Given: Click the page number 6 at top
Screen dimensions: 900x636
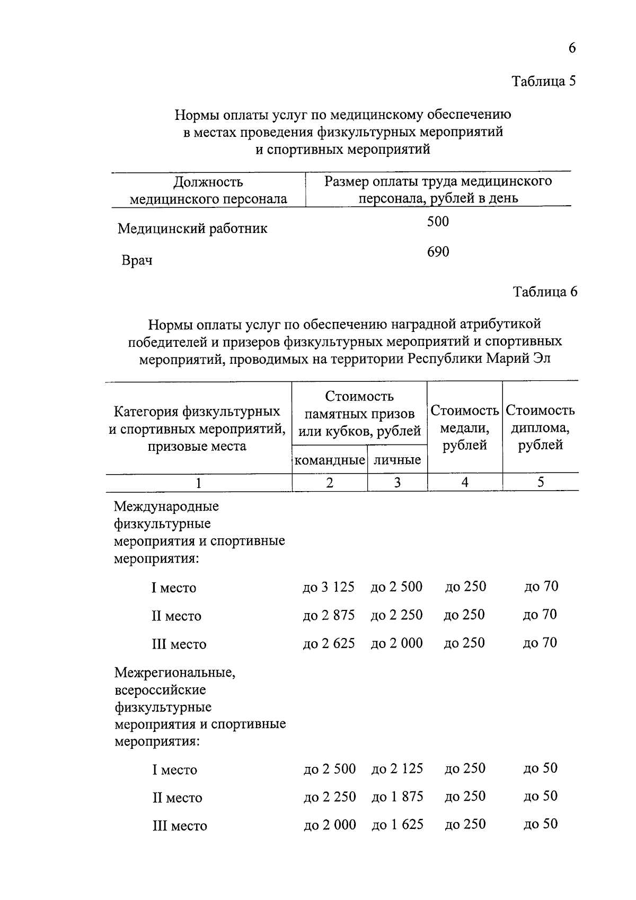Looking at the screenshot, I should coord(572,48).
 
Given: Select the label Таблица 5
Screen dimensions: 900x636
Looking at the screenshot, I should coord(543,81).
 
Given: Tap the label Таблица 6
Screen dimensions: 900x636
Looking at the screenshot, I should coord(545,292).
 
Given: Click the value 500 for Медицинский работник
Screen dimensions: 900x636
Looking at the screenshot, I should coord(438,222).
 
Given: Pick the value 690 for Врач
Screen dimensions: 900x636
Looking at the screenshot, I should coord(438,252).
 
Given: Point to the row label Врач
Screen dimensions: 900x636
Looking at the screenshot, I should coord(137,261).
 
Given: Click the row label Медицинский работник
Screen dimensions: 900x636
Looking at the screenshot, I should coord(192,229).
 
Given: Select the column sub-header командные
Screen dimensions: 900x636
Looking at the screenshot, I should coord(330,460).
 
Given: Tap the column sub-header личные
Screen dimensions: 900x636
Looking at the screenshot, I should coord(397,460).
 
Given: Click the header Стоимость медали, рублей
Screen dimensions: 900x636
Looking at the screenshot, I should coord(465,427).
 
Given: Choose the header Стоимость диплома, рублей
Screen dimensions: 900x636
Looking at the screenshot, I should coord(540,427).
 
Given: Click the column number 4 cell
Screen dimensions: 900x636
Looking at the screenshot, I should coord(465,482).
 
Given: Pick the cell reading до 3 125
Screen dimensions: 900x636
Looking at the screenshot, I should coord(329,588).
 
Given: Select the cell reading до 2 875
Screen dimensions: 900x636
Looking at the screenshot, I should coord(329,615).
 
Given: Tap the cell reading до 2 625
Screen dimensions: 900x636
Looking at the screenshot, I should coord(329,643).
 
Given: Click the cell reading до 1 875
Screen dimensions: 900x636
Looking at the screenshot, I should coord(397,797).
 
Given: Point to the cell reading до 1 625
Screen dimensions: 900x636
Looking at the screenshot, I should coord(397,825).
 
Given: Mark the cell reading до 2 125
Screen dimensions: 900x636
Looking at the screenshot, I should coord(397,769).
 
